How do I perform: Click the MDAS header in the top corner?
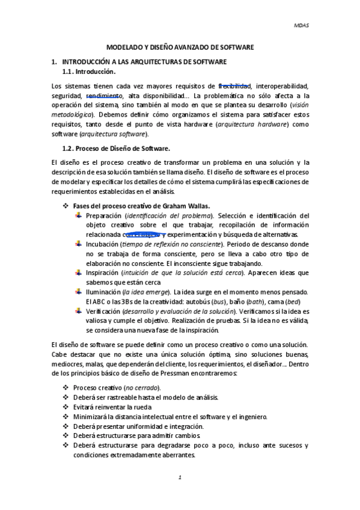point(301,26)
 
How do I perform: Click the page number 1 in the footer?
point(180,478)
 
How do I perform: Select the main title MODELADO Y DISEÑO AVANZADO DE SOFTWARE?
point(180,46)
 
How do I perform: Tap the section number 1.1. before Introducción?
point(71,72)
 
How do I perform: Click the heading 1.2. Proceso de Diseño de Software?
point(116,148)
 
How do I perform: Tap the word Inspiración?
point(103,272)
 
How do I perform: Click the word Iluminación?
point(103,292)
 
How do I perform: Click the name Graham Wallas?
point(186,206)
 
